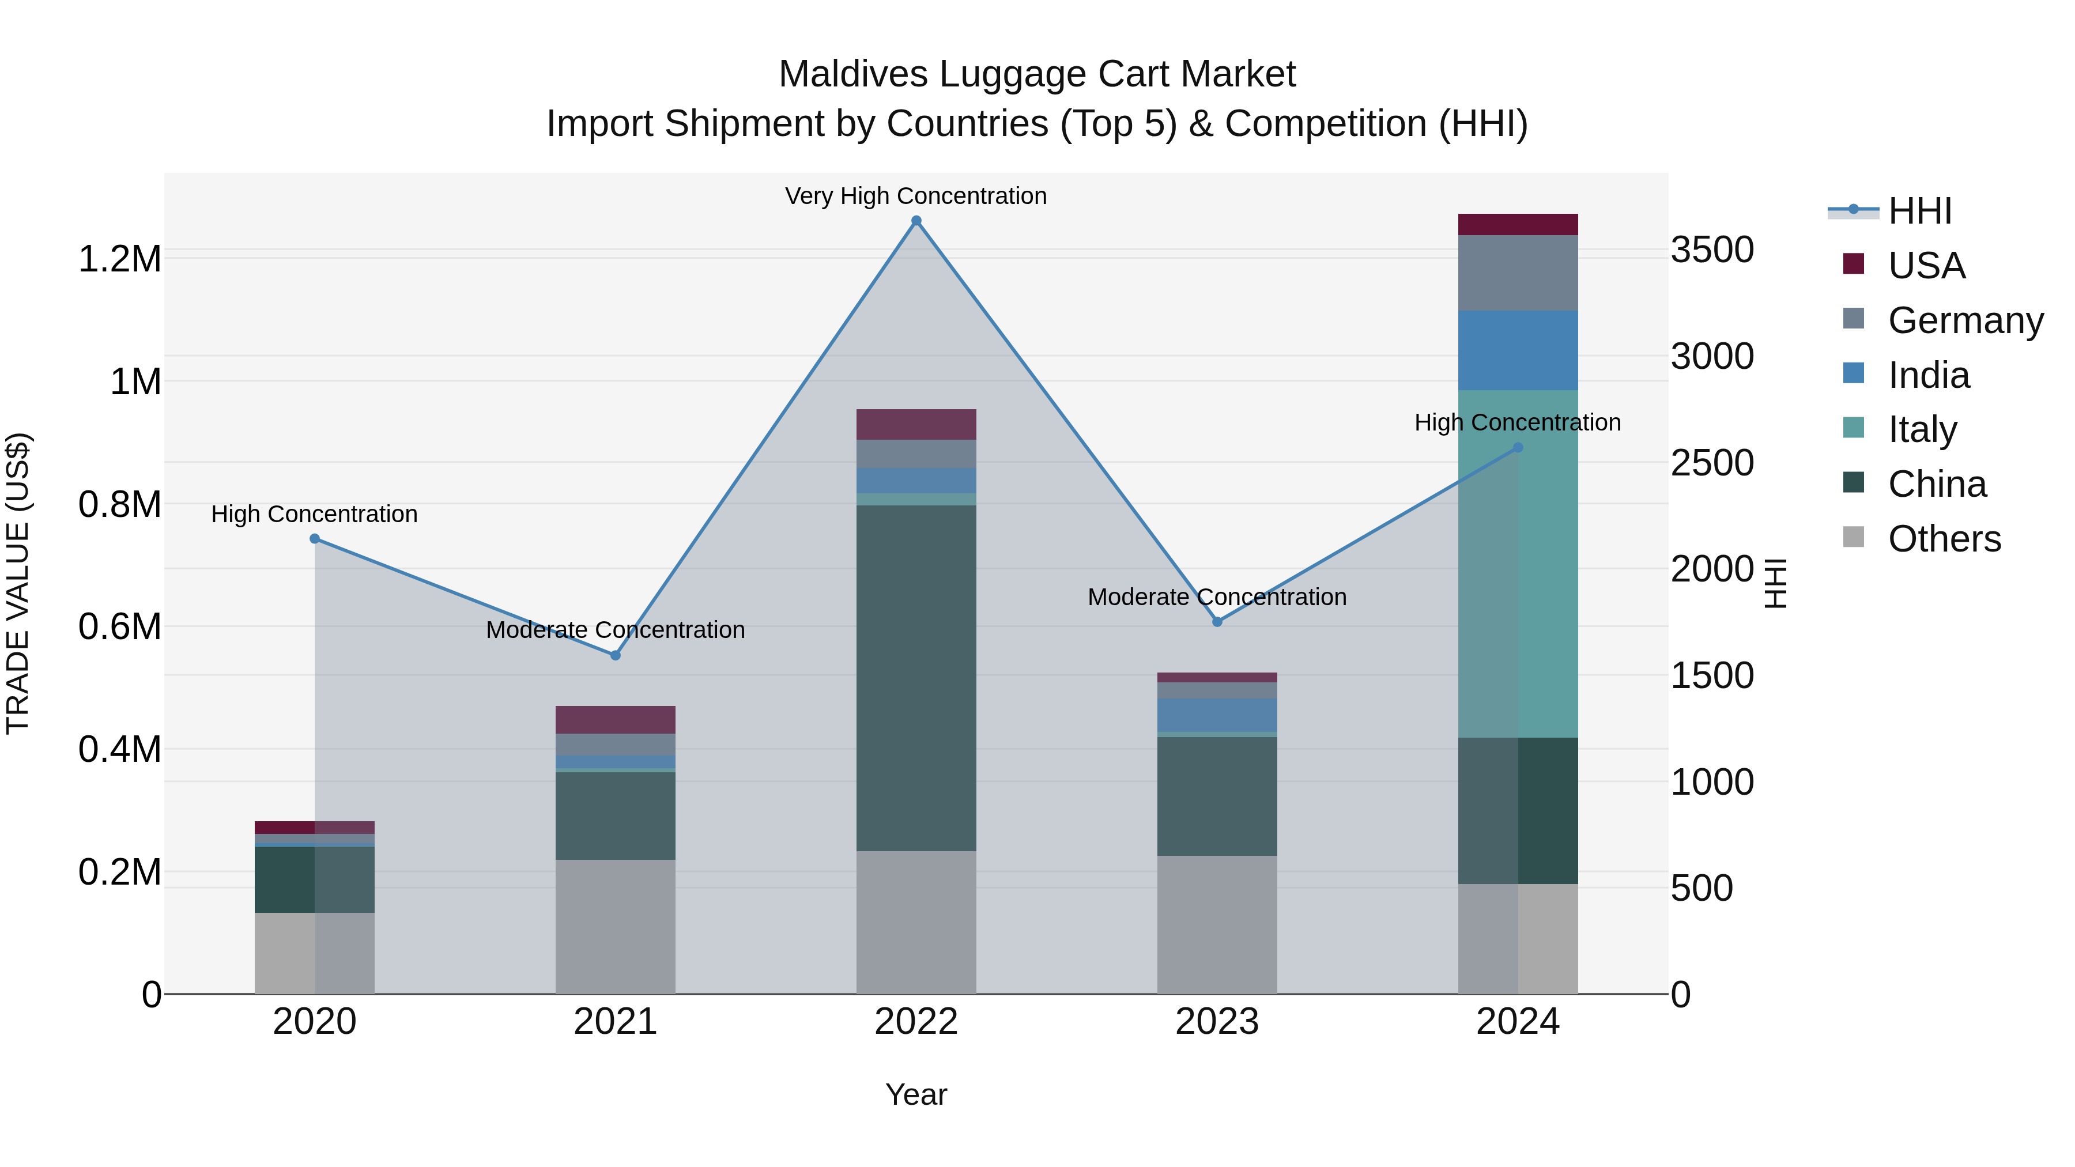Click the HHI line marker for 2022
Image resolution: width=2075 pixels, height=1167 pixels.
[916, 221]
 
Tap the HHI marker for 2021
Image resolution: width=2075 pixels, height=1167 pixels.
[616, 656]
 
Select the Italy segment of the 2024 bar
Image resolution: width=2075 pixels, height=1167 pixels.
[1518, 564]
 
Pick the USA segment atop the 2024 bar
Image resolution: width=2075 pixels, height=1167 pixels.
[1518, 225]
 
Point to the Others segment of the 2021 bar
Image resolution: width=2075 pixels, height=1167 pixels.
[616, 926]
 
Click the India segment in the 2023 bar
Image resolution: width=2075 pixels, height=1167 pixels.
[1217, 715]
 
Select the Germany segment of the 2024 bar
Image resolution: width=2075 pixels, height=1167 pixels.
[1518, 273]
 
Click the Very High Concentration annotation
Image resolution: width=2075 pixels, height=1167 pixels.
[916, 197]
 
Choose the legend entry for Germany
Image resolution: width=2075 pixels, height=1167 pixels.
[1965, 320]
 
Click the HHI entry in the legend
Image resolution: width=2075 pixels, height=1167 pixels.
[1919, 211]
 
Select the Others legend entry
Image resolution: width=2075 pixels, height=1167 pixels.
[1944, 539]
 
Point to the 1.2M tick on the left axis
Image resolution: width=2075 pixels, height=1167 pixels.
[119, 259]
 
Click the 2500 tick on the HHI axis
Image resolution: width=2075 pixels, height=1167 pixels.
[1712, 463]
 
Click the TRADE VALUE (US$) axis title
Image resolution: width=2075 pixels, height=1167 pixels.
[18, 583]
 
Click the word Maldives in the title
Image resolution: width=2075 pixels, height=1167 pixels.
[852, 75]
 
